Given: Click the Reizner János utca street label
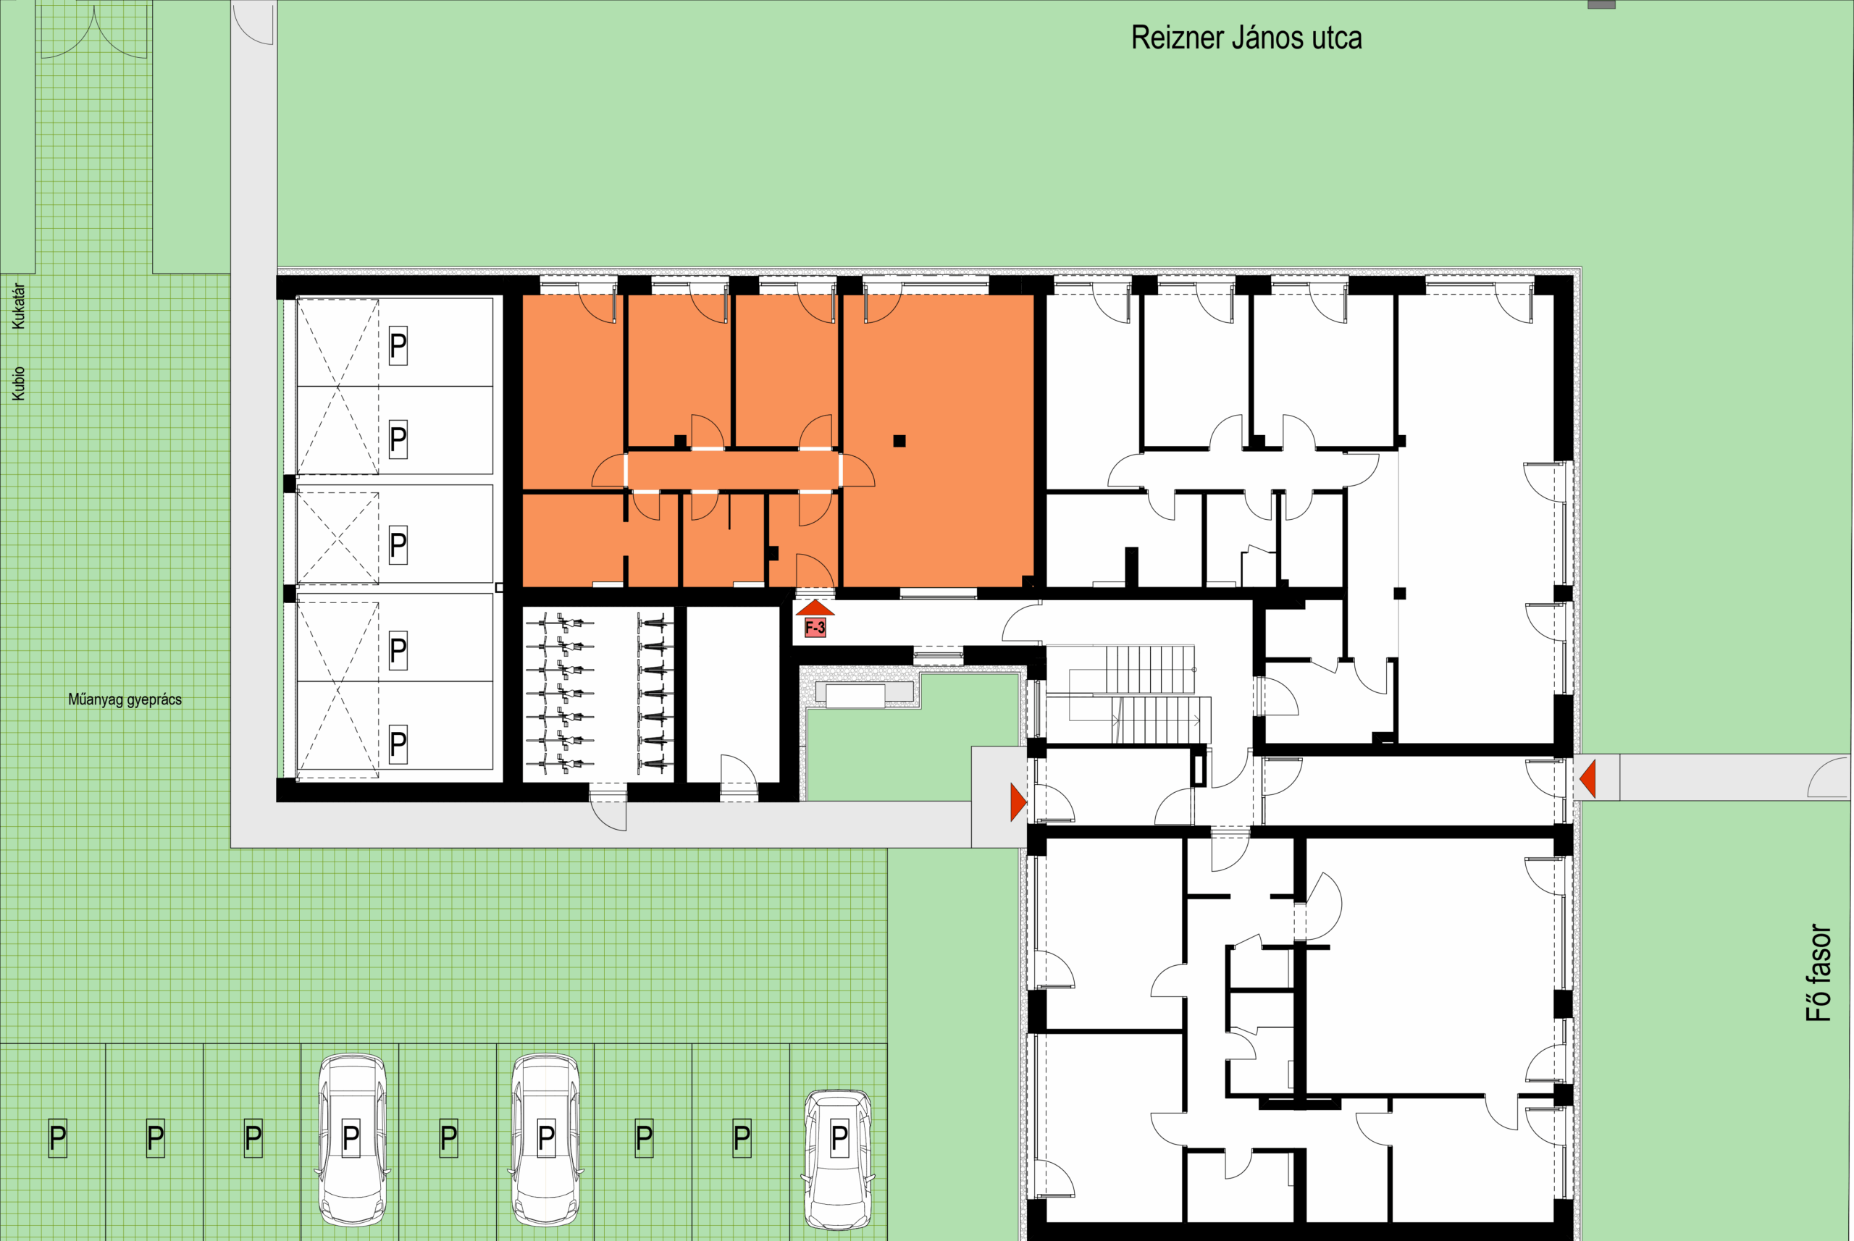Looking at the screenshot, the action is click(x=1246, y=38).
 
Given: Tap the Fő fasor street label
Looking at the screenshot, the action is click(x=1819, y=972).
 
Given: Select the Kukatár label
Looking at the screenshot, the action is click(x=18, y=306).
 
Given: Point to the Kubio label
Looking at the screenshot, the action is click(x=18, y=383).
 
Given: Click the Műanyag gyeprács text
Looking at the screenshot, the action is click(x=125, y=699).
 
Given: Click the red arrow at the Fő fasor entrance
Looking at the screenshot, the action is click(x=1587, y=778).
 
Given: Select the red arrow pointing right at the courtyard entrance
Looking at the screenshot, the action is click(x=1019, y=802).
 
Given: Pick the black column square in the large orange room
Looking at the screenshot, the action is click(x=899, y=441).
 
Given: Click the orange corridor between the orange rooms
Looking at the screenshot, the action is click(x=733, y=470).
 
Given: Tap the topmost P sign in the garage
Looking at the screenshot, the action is click(x=398, y=346).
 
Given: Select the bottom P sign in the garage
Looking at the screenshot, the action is click(x=398, y=744).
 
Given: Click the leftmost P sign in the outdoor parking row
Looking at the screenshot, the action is click(x=58, y=1138).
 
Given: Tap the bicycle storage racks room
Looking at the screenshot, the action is click(x=598, y=695).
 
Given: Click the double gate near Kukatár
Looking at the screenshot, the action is click(x=93, y=32).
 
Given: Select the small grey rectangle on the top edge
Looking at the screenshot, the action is click(x=1601, y=4).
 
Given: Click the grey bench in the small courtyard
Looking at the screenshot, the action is click(x=855, y=697).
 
